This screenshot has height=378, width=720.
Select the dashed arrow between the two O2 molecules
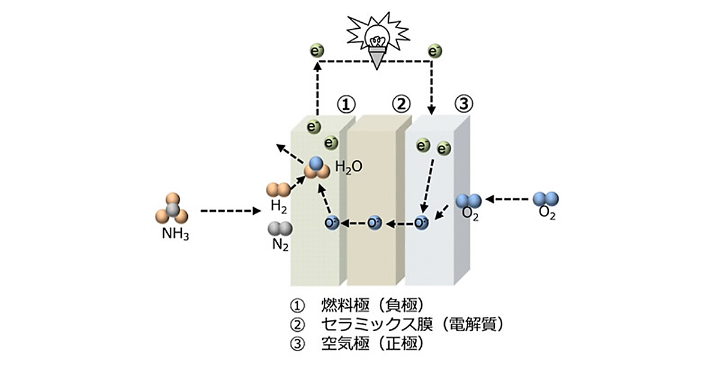click(x=507, y=199)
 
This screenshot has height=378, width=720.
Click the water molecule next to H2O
click(x=317, y=169)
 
